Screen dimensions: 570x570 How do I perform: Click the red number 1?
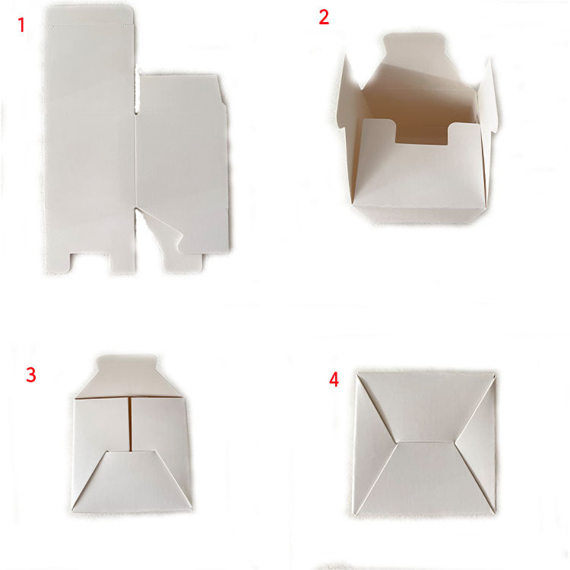point(22,25)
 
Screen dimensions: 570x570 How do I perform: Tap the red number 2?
point(324,17)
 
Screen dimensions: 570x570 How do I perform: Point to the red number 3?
point(31,375)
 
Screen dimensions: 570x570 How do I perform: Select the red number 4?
point(334,380)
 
